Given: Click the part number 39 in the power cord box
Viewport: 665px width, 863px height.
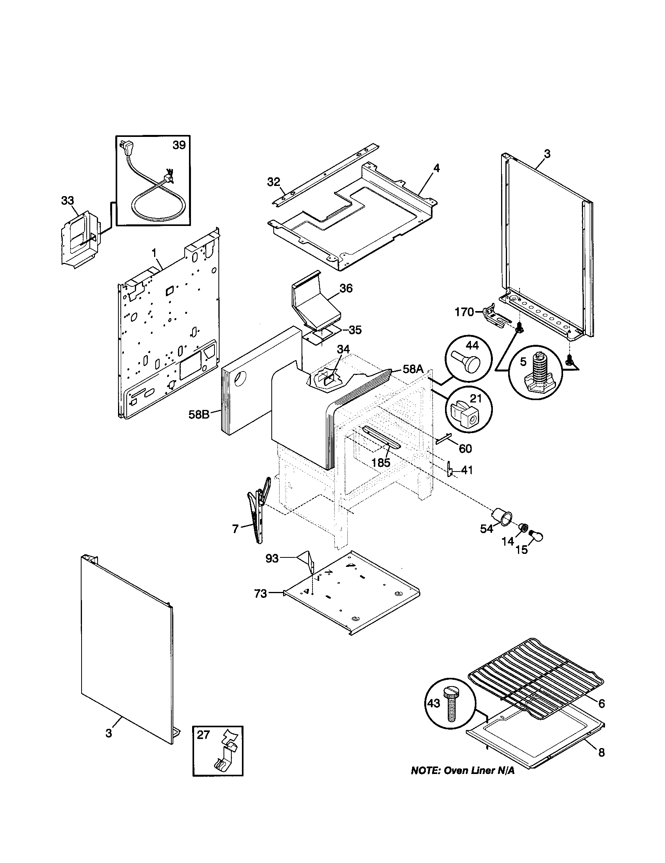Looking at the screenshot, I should click(179, 146).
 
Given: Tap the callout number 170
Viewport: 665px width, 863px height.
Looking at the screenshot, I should click(464, 312).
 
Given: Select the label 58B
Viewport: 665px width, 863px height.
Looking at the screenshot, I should click(199, 415).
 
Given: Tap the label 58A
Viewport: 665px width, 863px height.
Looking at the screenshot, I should click(413, 369).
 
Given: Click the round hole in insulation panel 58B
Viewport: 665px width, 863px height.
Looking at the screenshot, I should click(239, 380).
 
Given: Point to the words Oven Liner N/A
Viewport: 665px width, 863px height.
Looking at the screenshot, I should click(479, 771).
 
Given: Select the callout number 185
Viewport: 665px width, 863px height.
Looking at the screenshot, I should click(381, 462).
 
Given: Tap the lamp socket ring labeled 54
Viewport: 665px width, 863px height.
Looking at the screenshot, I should click(502, 516).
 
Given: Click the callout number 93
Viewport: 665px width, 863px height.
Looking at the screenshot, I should click(272, 559).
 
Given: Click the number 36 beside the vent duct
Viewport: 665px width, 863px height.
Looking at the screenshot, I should click(346, 288).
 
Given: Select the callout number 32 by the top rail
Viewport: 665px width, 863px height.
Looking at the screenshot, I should click(273, 182).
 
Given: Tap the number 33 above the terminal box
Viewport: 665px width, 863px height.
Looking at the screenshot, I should click(67, 200).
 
